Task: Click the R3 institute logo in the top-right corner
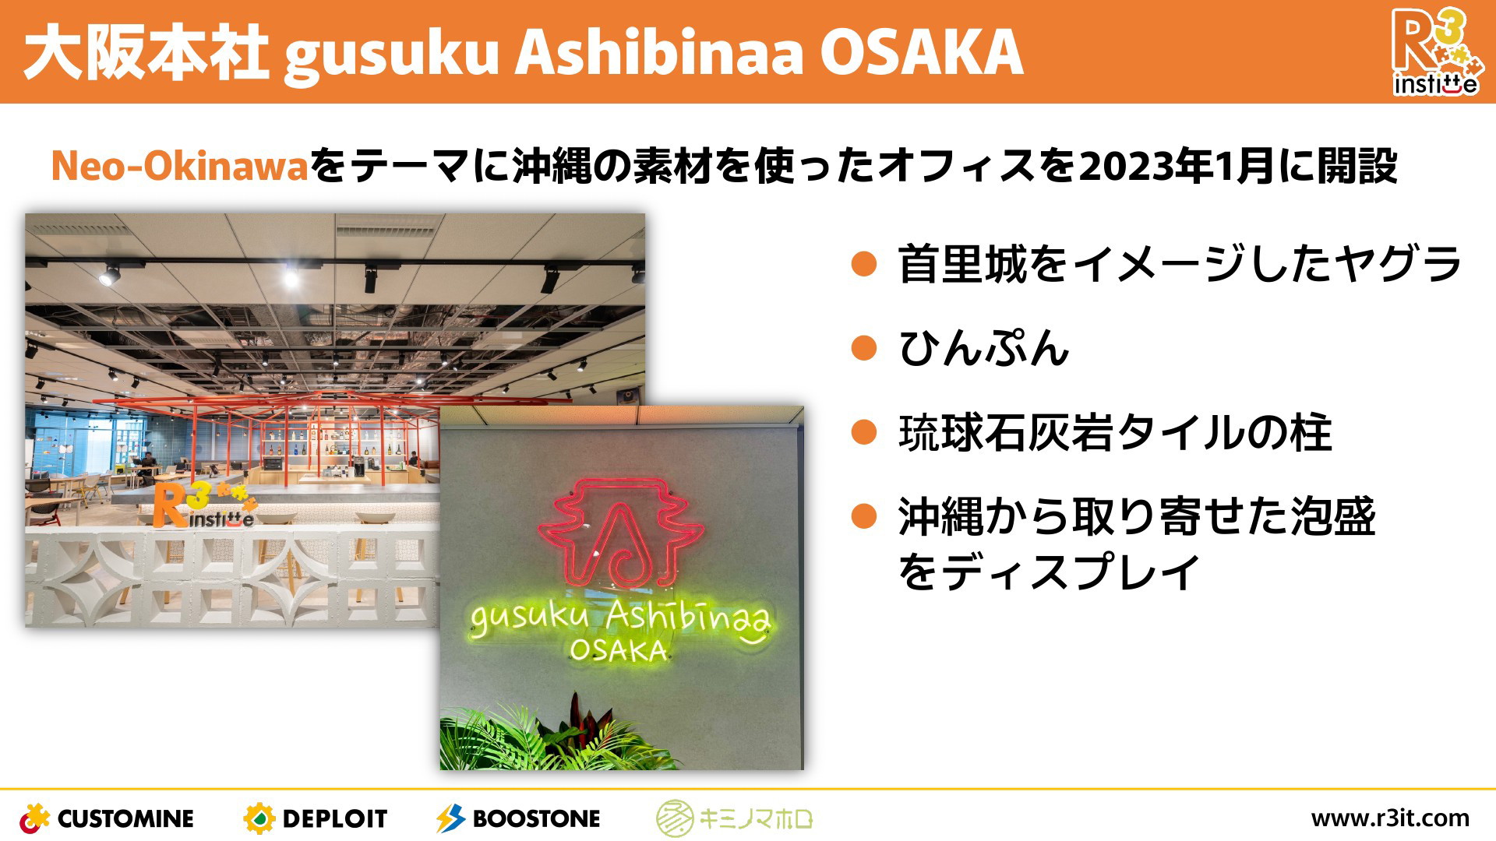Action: coord(1434,51)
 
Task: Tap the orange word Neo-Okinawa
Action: coord(180,166)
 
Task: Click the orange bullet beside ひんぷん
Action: coord(864,347)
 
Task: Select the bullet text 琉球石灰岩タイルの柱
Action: coord(1115,432)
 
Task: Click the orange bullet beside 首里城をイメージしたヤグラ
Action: coord(864,263)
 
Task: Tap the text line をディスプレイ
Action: coord(1049,572)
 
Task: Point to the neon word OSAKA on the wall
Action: coord(619,650)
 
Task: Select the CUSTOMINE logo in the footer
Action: coord(107,818)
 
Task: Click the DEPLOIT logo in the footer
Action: coord(315,818)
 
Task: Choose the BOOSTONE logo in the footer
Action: coord(518,818)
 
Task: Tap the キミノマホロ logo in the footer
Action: coord(734,818)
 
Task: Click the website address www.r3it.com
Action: coord(1390,818)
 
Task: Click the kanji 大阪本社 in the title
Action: coord(146,52)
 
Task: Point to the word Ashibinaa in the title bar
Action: coord(659,52)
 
